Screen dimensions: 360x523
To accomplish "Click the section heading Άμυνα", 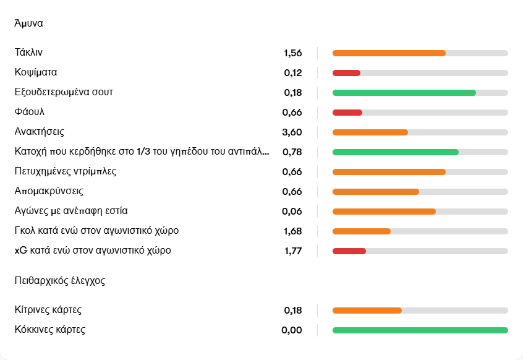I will coord(28,24).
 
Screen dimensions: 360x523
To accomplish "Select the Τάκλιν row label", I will coord(28,53).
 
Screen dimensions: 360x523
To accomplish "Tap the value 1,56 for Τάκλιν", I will coord(292,53).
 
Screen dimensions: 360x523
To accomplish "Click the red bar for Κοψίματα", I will coord(346,73).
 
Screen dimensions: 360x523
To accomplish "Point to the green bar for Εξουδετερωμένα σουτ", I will coord(404,93).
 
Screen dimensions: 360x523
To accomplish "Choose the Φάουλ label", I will coord(29,112).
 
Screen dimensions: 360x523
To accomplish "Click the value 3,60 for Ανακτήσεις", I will coord(292,132).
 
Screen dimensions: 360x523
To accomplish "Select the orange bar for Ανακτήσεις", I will coord(370,132).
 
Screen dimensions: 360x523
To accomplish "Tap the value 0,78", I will coord(292,152).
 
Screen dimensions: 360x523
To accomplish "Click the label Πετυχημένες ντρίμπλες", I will coord(66,171).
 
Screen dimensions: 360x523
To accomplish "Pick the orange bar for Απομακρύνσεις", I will coord(375,192).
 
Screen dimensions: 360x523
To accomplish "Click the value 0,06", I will coord(292,212).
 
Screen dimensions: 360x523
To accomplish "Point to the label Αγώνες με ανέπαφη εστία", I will coord(71,211).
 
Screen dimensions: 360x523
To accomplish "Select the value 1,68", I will coord(292,231).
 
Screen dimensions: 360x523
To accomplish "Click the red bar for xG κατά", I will coord(349,251).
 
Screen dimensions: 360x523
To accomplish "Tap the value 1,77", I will coord(292,251).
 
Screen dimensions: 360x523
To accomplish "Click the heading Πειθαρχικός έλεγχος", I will coord(59,280).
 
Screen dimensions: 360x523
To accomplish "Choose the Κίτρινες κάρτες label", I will coord(48,309).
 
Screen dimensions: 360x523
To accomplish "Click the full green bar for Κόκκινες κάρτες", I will coord(420,330).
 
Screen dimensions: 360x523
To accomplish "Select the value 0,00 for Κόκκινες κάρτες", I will coord(292,330).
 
